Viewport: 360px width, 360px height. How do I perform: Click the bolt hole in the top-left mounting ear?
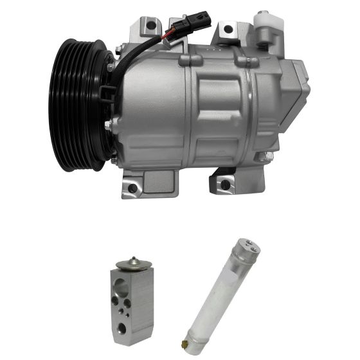click(x=150, y=26)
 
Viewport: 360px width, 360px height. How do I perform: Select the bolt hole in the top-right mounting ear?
click(x=228, y=29)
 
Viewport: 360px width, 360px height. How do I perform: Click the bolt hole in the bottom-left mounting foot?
click(x=132, y=188)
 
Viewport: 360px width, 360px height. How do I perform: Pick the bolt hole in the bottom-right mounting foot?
click(x=225, y=184)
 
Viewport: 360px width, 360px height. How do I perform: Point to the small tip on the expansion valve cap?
click(x=133, y=258)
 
